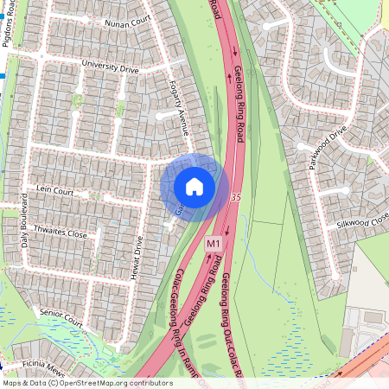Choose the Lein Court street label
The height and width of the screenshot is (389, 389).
tap(55, 189)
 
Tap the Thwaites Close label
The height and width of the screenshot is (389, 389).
tap(61, 234)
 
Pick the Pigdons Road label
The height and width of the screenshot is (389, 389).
tap(11, 25)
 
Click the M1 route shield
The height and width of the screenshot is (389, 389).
tap(214, 246)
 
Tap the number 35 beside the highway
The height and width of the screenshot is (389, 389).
tap(236, 198)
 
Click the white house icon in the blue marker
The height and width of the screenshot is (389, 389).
tap(194, 187)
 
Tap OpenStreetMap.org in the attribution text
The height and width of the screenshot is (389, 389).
tap(93, 383)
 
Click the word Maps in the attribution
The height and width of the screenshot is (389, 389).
tap(13, 383)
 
